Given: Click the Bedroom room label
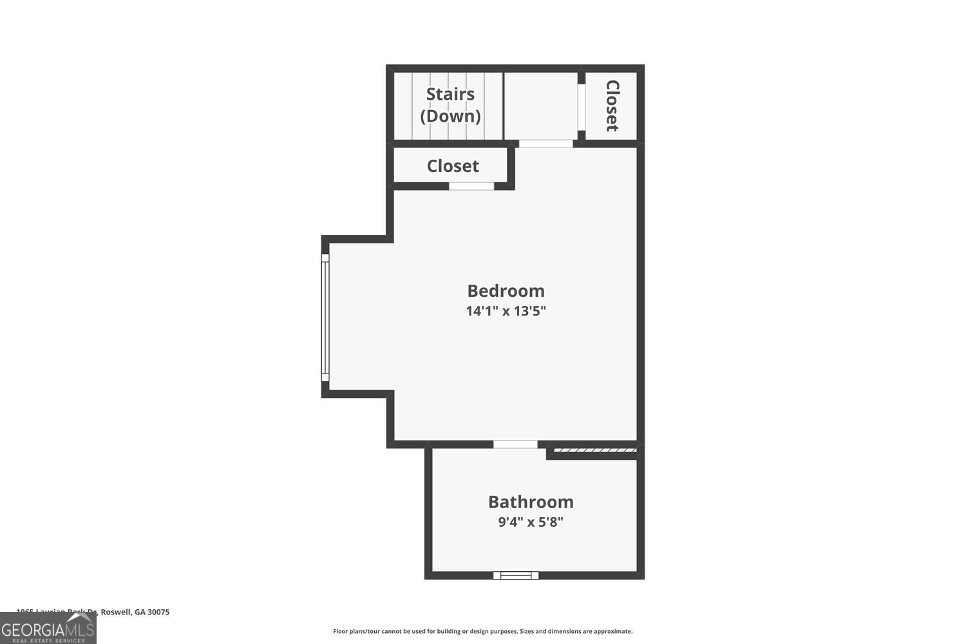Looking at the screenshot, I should pyautogui.click(x=506, y=290).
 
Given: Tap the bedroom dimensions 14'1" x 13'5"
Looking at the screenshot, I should pyautogui.click(x=506, y=311).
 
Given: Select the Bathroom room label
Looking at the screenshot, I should pyautogui.click(x=531, y=502).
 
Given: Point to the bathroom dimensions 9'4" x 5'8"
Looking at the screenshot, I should pyautogui.click(x=531, y=522).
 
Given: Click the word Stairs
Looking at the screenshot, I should pyautogui.click(x=450, y=94).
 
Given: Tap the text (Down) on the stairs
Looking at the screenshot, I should pyautogui.click(x=450, y=116).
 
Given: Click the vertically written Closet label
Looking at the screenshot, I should pyautogui.click(x=612, y=106).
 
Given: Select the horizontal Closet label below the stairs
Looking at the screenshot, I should pyautogui.click(x=453, y=166).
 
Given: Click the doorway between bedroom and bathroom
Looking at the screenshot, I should pyautogui.click(x=515, y=444).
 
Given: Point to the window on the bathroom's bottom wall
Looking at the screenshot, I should pyautogui.click(x=516, y=575).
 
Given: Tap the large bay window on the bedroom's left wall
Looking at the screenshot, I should pyautogui.click(x=325, y=317).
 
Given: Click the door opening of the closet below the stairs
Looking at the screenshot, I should pyautogui.click(x=471, y=186).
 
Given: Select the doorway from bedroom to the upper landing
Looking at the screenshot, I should pyautogui.click(x=545, y=144).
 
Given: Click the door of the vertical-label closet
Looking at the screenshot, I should pyautogui.click(x=581, y=107).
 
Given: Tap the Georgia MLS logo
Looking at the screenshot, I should pyautogui.click(x=48, y=628).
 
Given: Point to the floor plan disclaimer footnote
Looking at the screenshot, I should pyautogui.click(x=482, y=631).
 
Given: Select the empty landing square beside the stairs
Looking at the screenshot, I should pyautogui.click(x=540, y=106).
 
